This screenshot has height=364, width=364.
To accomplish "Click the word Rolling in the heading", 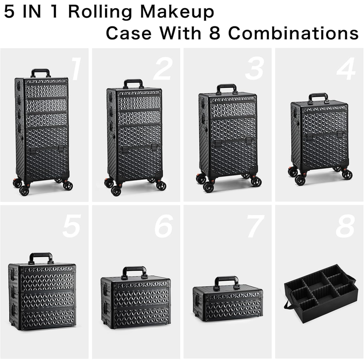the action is tap(100, 12).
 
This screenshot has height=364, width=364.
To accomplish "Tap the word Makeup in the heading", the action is tap(177, 12).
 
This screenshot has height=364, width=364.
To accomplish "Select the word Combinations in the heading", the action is tap(293, 33).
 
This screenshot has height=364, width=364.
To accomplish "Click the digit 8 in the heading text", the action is tap(215, 33).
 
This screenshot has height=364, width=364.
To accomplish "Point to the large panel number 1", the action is tap(76, 69).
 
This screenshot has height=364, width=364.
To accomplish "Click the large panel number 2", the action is tap(163, 69).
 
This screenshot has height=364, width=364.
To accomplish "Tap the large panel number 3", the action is tap(255, 69).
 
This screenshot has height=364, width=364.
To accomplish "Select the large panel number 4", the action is tap(346, 69).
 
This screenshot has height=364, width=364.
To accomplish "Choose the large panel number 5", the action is tap(71, 226).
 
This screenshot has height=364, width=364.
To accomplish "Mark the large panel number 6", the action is tap(164, 226).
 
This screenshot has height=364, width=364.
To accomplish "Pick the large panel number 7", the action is tap(255, 226).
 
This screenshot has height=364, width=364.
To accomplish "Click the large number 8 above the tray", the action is tap(345, 226).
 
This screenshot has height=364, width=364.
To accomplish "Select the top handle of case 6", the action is tap(134, 268).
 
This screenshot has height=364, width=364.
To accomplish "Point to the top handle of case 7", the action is tap(226, 278).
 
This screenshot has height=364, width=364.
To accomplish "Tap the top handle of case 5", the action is tap(41, 255).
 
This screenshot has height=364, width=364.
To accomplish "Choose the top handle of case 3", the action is tap(227, 86).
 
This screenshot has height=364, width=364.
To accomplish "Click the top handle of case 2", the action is tap(133, 81).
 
